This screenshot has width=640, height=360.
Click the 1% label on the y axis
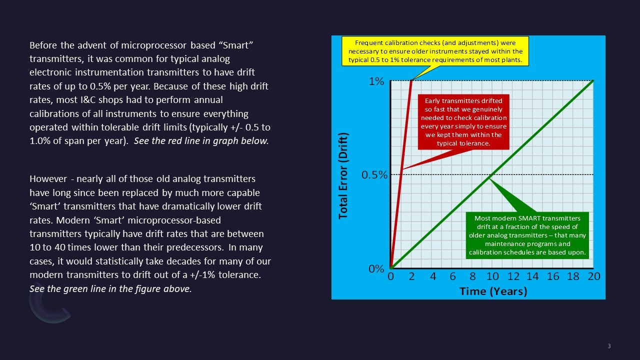pos(376,81)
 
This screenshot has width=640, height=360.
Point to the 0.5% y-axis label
pos(374,175)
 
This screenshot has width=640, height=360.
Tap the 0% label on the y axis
pos(376,268)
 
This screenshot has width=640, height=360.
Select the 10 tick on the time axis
pos(492,277)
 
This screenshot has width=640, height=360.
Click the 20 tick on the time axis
pos(593,277)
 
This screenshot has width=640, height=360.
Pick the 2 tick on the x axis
pos(411,277)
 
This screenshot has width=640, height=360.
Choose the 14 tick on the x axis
pos(532,277)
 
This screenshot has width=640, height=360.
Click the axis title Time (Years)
pos(493,291)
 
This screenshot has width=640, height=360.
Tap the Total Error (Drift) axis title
pos(343,175)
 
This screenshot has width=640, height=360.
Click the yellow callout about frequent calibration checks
pos(435,51)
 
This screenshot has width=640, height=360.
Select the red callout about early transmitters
pos(463,122)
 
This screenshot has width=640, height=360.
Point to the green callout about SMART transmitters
pos(527,235)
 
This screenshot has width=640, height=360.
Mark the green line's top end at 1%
pos(593,80)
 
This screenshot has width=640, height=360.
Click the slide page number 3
pos(609,346)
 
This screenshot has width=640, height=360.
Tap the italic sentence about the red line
pos(201,140)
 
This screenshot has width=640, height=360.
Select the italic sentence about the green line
pos(110,288)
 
